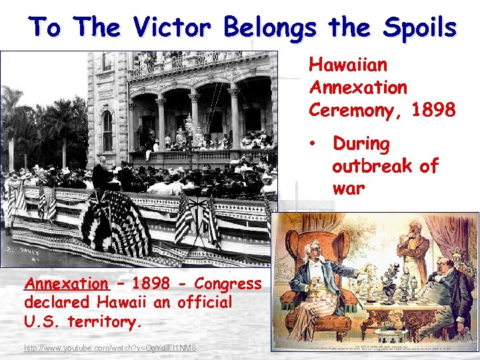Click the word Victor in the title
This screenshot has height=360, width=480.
coord(174,27)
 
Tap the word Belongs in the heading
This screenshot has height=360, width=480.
coord(271,27)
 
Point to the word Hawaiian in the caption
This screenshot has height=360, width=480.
coord(347,65)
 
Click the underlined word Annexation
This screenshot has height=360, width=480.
coord(65,284)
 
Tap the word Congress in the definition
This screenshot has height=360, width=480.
coord(229,284)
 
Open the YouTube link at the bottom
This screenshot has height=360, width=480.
coord(110,348)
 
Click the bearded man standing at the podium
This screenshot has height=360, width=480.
coord(102,175)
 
